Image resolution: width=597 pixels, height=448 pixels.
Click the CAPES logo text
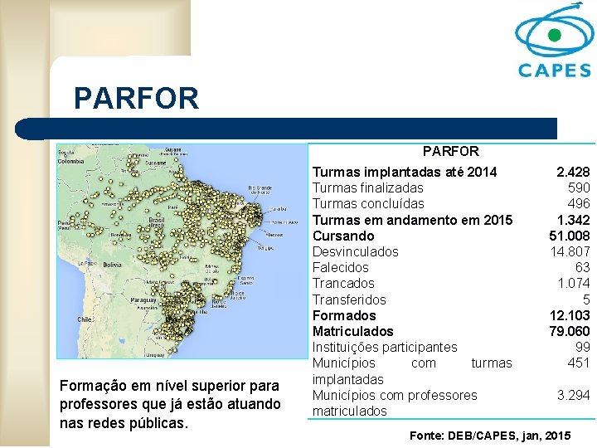coord(554,70)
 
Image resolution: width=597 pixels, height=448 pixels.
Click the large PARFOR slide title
coord(136,99)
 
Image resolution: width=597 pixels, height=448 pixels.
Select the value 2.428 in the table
coord(573,172)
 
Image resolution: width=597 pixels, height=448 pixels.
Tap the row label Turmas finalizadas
coord(367,187)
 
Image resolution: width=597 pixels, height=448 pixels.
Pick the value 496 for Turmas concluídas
coord(579,203)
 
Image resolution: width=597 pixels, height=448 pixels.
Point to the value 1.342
coord(573,220)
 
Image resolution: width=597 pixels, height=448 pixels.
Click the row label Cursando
coord(343,236)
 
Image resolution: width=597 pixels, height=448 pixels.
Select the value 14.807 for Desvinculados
coord(570,251)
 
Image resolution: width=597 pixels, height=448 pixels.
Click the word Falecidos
coord(340,267)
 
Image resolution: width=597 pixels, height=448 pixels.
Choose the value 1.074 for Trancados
coord(573,283)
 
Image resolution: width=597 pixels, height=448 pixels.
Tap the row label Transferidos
coord(349,299)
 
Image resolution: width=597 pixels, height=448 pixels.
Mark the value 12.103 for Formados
coord(570,315)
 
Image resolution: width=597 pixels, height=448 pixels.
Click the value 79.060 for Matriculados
coord(570,331)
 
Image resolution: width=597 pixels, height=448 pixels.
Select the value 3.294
coord(573,395)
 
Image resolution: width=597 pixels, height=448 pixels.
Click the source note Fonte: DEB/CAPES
coord(490,435)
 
